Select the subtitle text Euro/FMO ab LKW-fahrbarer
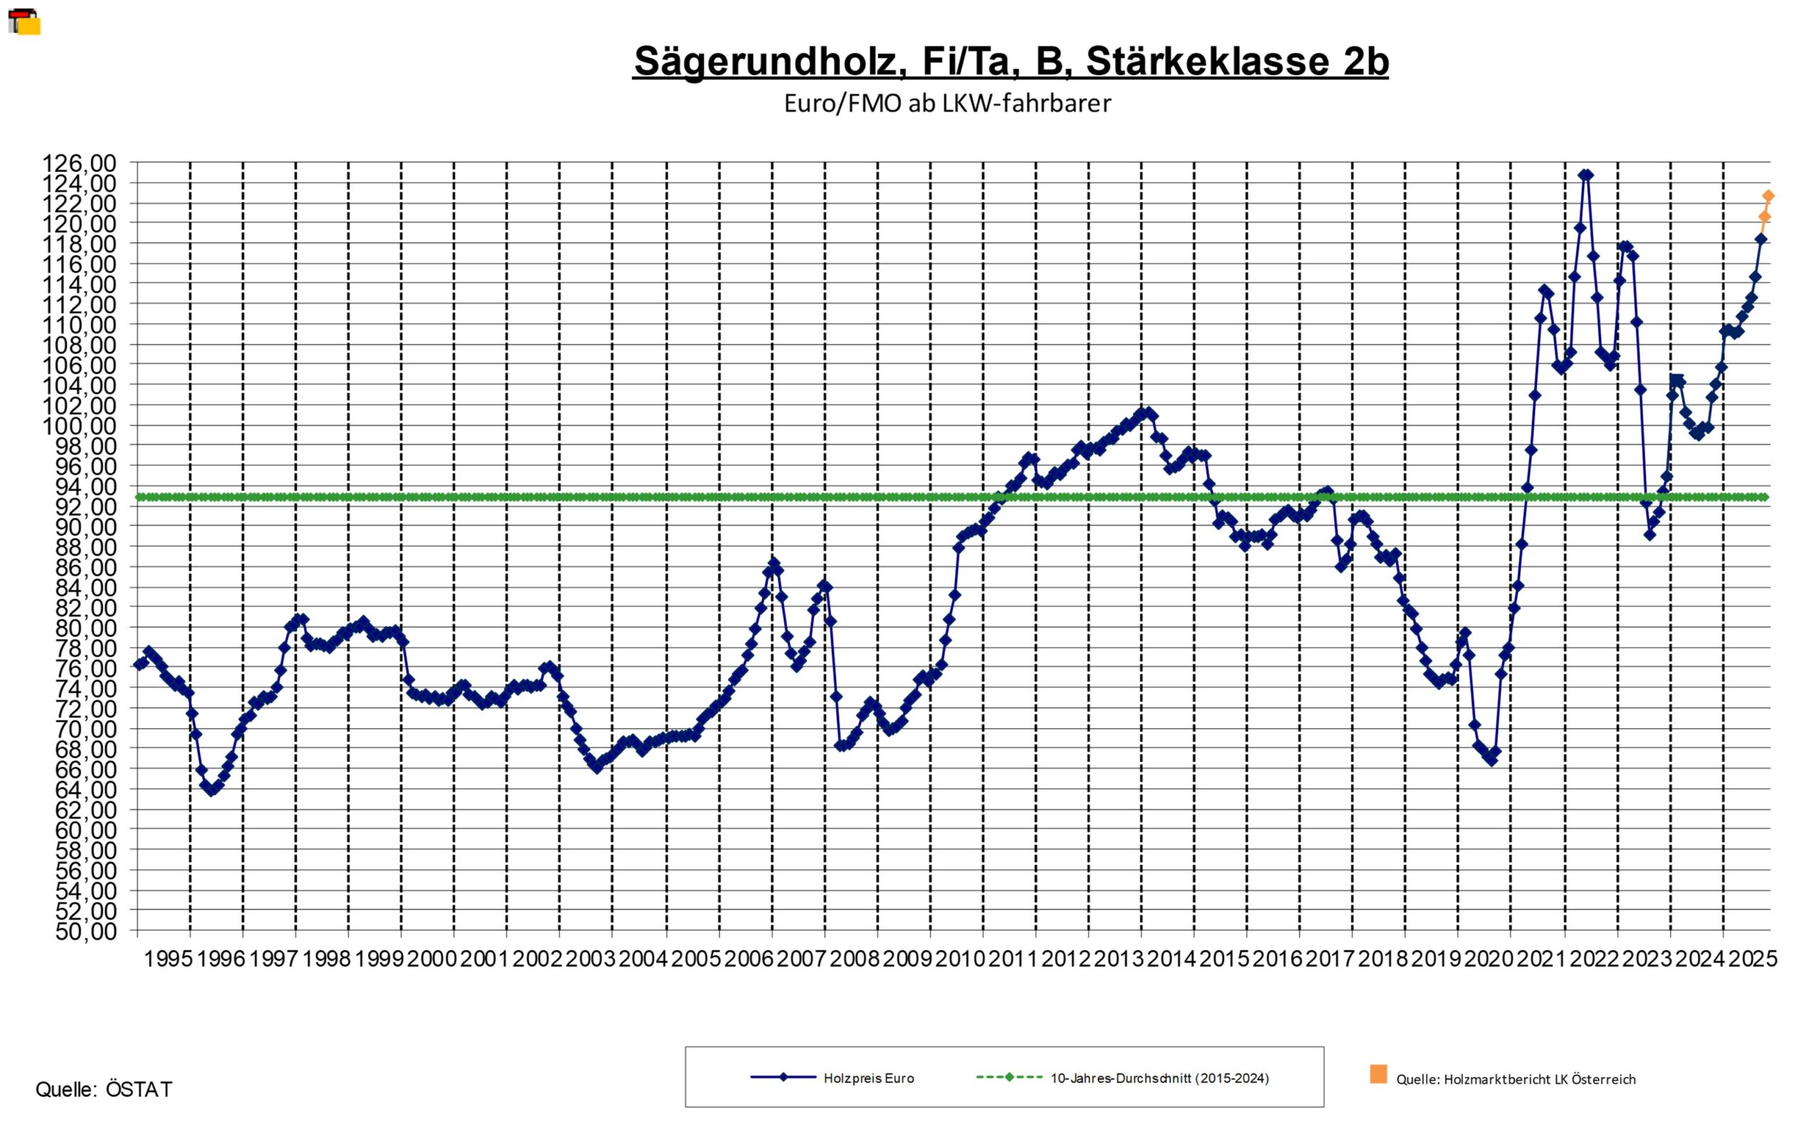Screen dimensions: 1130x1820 [x=947, y=103]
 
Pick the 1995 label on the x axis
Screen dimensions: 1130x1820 [x=168, y=959]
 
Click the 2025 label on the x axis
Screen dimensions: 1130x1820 [x=1752, y=959]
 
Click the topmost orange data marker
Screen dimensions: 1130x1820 [x=1768, y=196]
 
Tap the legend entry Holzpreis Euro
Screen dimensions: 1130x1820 [x=869, y=1078]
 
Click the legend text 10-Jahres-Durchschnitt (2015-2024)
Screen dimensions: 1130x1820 [x=1160, y=1078]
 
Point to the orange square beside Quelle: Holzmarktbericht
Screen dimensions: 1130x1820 [x=1379, y=1074]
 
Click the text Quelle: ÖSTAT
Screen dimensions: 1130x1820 [x=104, y=1089]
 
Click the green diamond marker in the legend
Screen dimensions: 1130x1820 [x=1009, y=1077]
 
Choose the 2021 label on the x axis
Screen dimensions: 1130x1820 [x=1541, y=959]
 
